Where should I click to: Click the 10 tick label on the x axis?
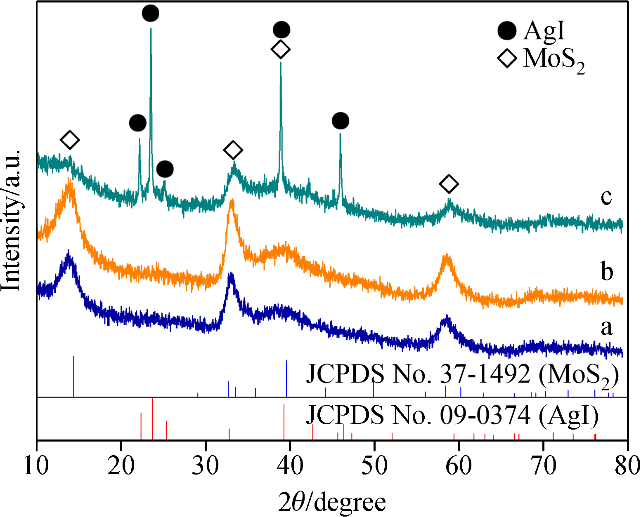37,465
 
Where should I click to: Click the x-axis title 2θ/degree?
332,502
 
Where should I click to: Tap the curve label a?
606,327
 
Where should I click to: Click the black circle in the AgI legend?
507,31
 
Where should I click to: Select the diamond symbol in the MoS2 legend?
507,58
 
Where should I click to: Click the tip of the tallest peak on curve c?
151,29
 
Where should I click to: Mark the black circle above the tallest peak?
151,14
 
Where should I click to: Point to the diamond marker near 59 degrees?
449,183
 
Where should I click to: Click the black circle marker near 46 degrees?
341,121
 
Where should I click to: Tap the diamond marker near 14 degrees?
70,140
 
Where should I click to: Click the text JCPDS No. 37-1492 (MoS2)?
462,375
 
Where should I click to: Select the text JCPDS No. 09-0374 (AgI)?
452,415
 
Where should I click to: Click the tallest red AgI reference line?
153,418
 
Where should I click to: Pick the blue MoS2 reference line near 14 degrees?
73,376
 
